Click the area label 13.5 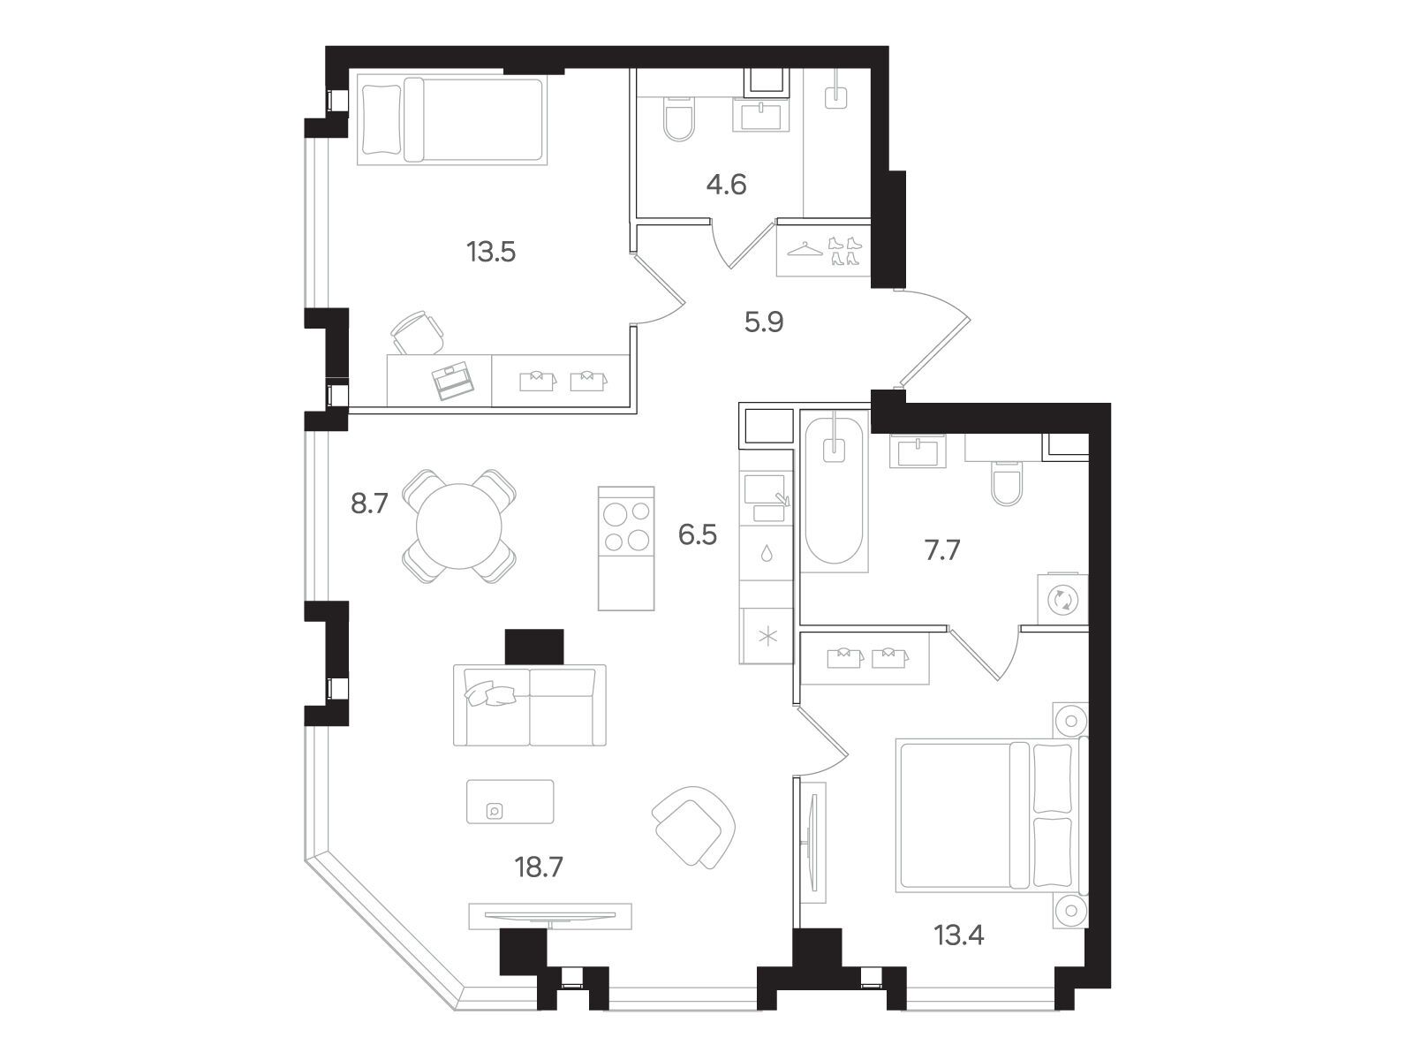click(491, 252)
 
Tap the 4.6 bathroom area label click(726, 185)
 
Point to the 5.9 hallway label click(764, 322)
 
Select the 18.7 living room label click(539, 867)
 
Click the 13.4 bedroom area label click(959, 935)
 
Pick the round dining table click(459, 526)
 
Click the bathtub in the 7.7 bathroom click(834, 491)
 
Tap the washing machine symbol click(1062, 600)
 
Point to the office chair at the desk click(419, 333)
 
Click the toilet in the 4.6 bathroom click(679, 119)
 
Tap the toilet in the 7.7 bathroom click(1007, 483)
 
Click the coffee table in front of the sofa click(510, 801)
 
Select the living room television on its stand click(550, 915)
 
